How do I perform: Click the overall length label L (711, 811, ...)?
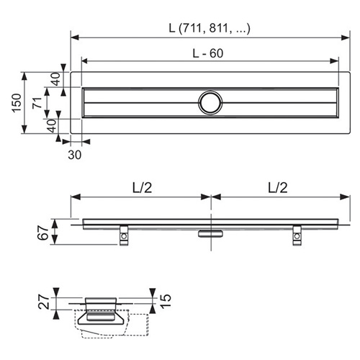210,28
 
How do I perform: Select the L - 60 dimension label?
208,53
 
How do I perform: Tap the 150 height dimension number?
17,103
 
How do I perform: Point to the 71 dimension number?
37,103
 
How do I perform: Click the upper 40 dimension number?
56,79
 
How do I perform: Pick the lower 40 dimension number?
52,126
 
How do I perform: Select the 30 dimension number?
75,155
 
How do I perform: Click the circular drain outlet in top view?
210,103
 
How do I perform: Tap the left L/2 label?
143,188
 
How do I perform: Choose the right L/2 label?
278,188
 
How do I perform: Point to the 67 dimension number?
43,233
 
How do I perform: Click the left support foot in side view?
124,235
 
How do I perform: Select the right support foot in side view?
297,235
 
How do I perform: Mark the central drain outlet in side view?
211,233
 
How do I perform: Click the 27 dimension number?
45,302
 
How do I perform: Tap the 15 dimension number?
166,300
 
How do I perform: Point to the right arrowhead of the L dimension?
346,37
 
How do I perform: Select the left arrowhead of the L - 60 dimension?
86,61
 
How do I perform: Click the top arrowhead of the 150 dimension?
24,76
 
